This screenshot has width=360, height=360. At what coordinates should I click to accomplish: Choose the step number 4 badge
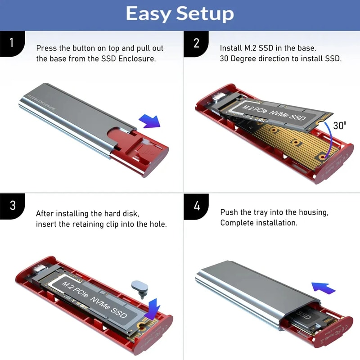(x=197, y=206)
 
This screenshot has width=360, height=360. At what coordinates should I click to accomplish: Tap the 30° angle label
(x=339, y=125)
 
